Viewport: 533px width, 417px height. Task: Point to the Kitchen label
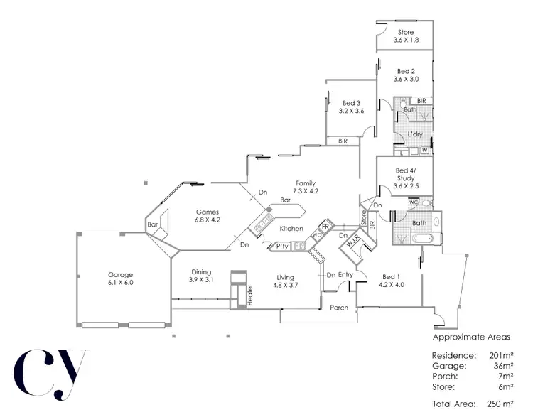pyautogui.click(x=291, y=229)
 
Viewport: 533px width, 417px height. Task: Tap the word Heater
pyautogui.click(x=250, y=295)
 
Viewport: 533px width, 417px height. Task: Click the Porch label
pyautogui.click(x=340, y=308)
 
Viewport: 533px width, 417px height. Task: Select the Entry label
pyautogui.click(x=346, y=275)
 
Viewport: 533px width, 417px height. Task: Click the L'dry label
pyautogui.click(x=415, y=134)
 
